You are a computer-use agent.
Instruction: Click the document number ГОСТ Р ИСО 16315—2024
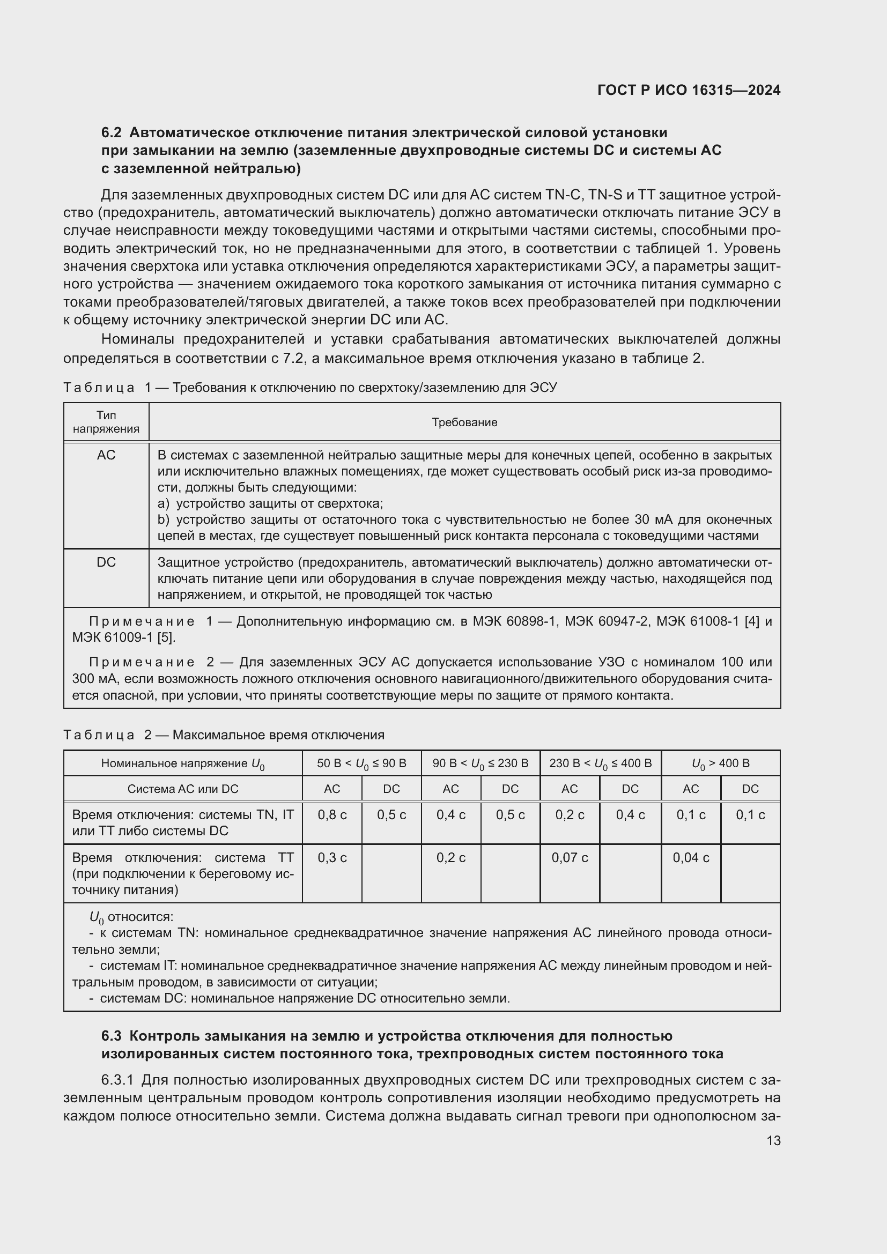(x=689, y=90)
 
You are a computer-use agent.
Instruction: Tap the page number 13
(x=773, y=1140)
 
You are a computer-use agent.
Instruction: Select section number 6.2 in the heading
(x=111, y=133)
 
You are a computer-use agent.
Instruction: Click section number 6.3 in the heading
(x=111, y=1036)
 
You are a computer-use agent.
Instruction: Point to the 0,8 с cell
(x=332, y=815)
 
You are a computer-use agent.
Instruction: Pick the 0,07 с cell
(x=570, y=857)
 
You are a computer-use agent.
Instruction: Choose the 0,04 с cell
(x=691, y=857)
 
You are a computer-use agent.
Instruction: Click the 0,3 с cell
(x=332, y=857)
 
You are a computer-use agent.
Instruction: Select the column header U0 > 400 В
(x=720, y=763)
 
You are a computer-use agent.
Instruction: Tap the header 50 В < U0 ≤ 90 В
(x=361, y=763)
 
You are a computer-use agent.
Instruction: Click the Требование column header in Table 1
(x=464, y=422)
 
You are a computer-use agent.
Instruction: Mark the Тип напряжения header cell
(x=106, y=422)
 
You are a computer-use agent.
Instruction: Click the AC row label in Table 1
(x=106, y=455)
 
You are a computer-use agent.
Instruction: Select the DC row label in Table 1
(x=106, y=562)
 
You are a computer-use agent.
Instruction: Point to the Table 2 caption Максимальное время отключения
(x=278, y=735)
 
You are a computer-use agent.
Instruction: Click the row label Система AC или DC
(x=183, y=789)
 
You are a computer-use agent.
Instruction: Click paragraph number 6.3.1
(x=117, y=1080)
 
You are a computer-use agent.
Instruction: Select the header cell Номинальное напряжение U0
(x=183, y=763)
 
